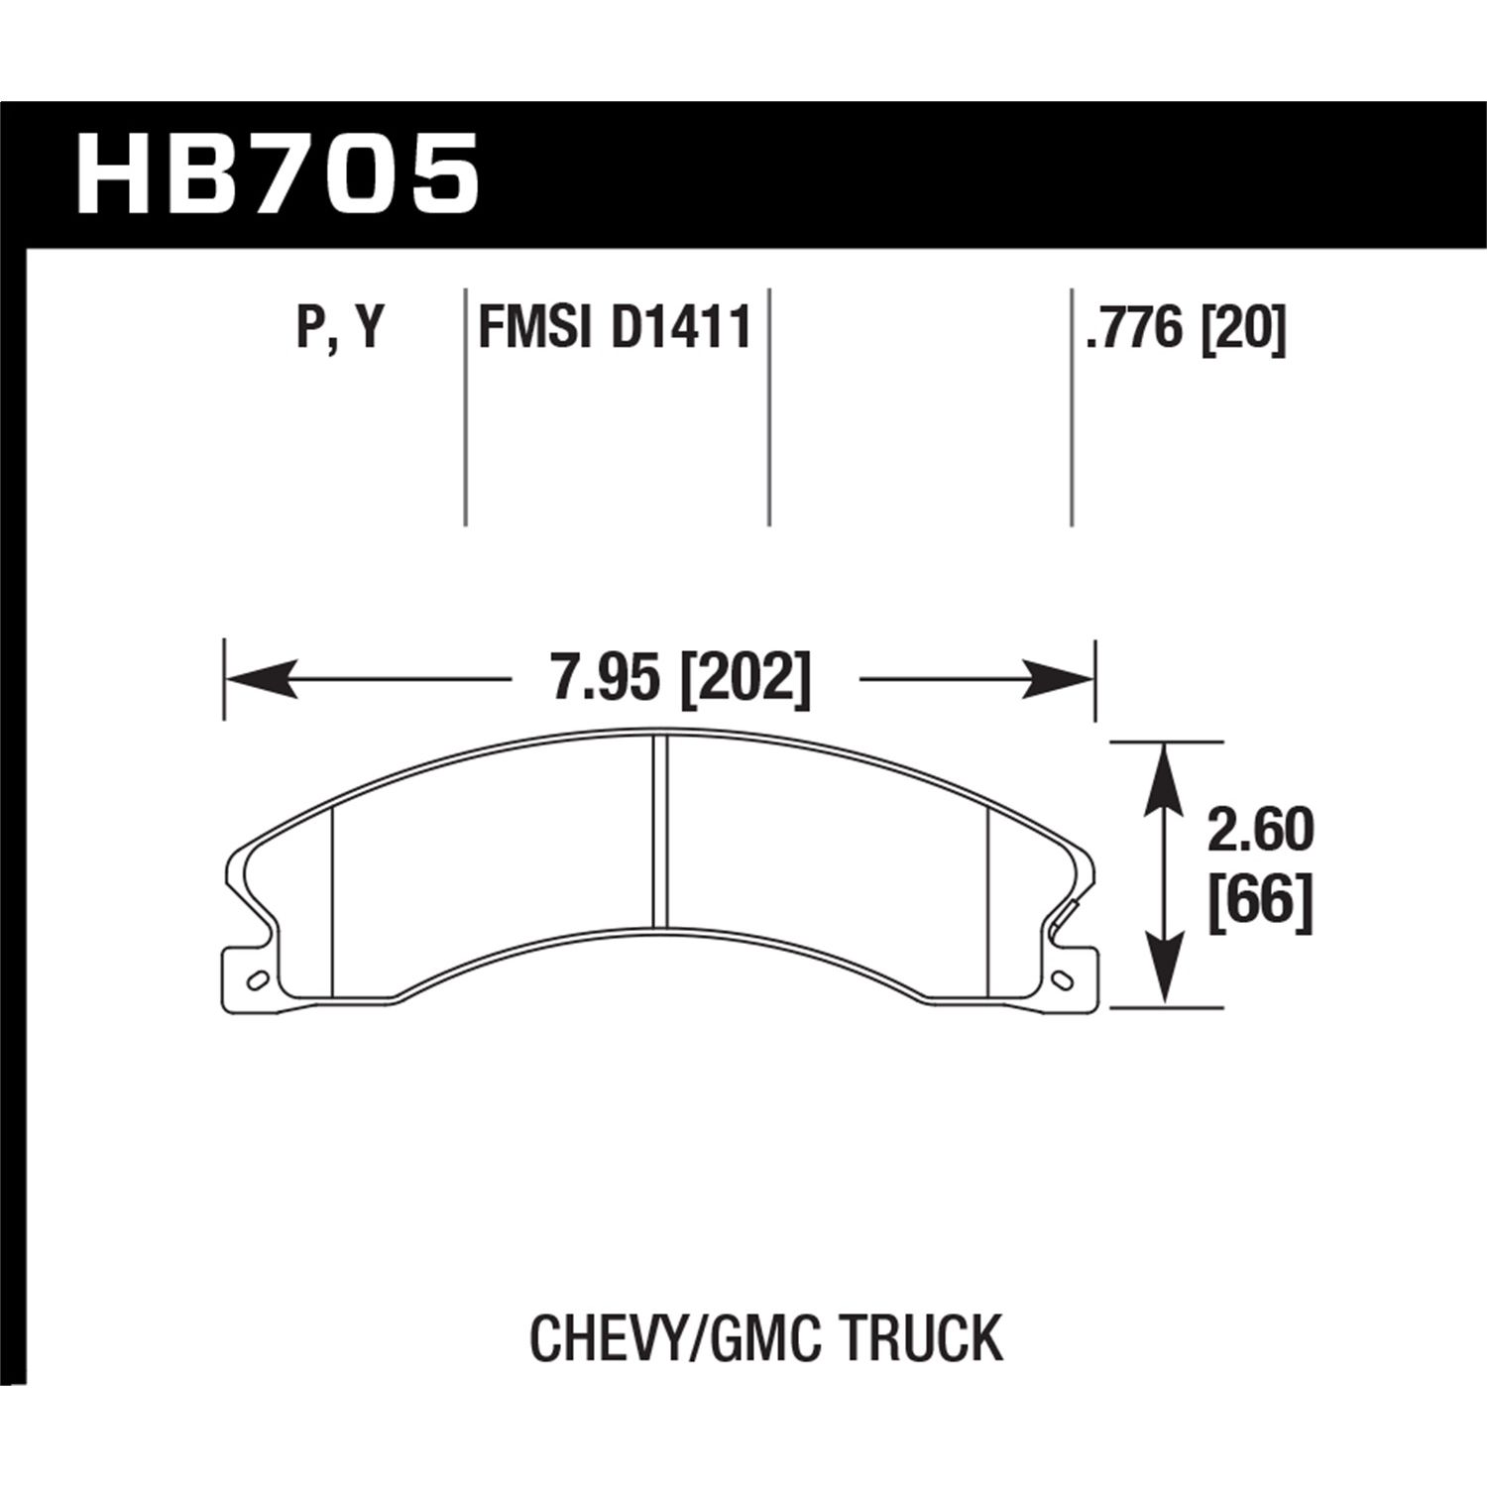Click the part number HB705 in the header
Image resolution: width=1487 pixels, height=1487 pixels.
coord(279,176)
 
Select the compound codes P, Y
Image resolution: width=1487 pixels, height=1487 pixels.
coord(340,329)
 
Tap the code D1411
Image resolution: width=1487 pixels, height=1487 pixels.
coord(681,329)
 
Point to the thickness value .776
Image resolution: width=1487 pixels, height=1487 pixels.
coord(1136,329)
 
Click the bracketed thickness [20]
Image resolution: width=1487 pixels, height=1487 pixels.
coord(1243,329)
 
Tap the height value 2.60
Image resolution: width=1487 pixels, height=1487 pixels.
coord(1259,831)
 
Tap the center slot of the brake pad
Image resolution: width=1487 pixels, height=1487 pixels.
coord(660,833)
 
